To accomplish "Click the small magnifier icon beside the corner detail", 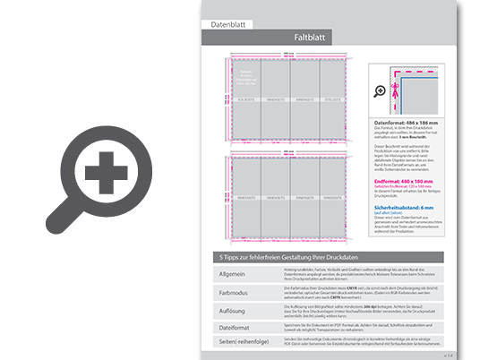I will point(380,91).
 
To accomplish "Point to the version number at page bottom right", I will point(448,355).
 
